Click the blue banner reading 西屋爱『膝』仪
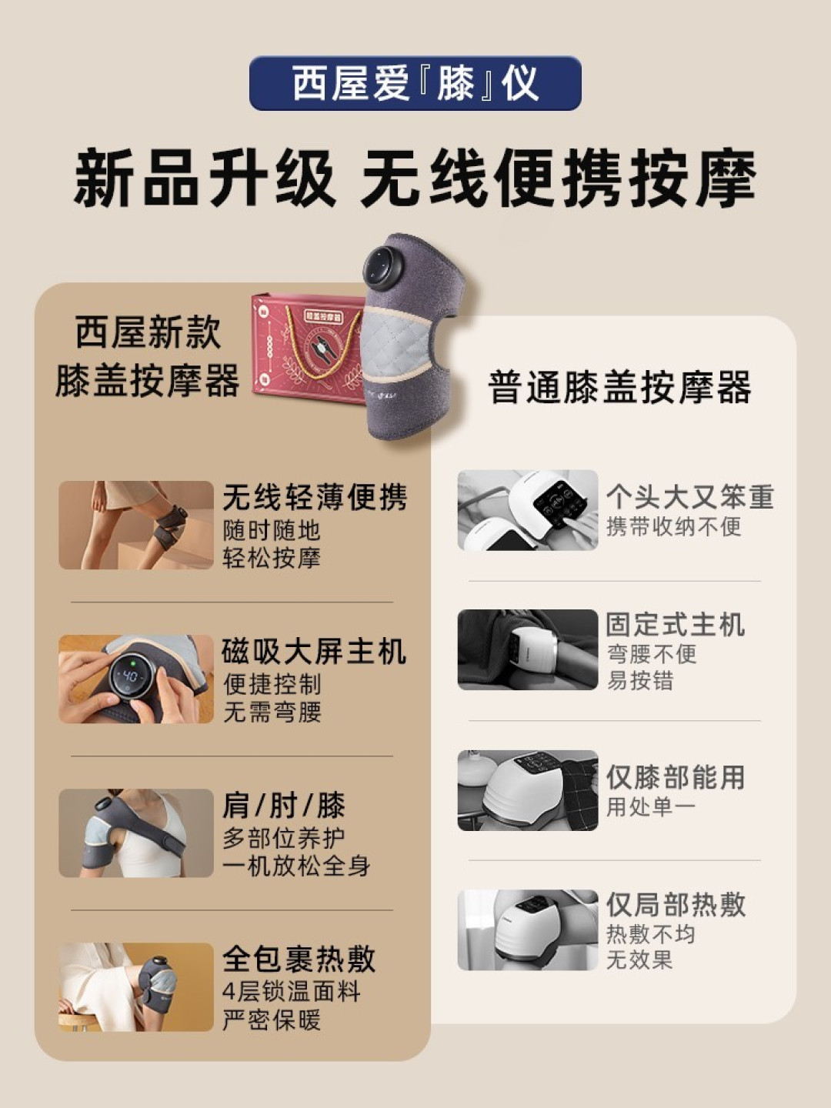(415, 83)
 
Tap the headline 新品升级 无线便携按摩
(415, 179)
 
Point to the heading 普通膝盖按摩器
(619, 387)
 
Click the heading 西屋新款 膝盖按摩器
(148, 356)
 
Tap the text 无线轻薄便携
(315, 498)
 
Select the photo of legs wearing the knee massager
(135, 525)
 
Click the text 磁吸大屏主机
(314, 652)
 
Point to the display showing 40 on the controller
(129, 676)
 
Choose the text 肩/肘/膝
(284, 806)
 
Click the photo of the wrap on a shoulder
(135, 833)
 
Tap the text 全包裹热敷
(299, 959)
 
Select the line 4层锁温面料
(291, 991)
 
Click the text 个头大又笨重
(689, 497)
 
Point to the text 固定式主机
(675, 624)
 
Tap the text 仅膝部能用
(675, 777)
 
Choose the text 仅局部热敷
(675, 905)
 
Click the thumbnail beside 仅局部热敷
(527, 929)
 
